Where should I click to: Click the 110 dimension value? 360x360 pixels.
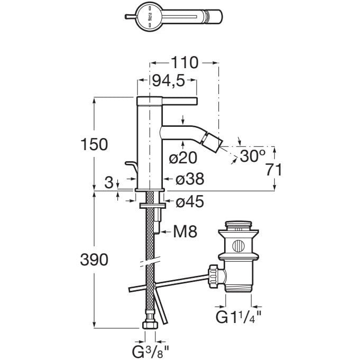(x=183, y=63)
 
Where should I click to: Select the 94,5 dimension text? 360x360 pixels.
(x=168, y=82)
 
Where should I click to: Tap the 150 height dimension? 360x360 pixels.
(x=95, y=144)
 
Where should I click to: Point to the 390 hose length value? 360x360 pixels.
(x=95, y=260)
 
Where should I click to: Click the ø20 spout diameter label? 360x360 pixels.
(x=183, y=157)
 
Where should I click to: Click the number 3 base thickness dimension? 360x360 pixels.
(x=108, y=183)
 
